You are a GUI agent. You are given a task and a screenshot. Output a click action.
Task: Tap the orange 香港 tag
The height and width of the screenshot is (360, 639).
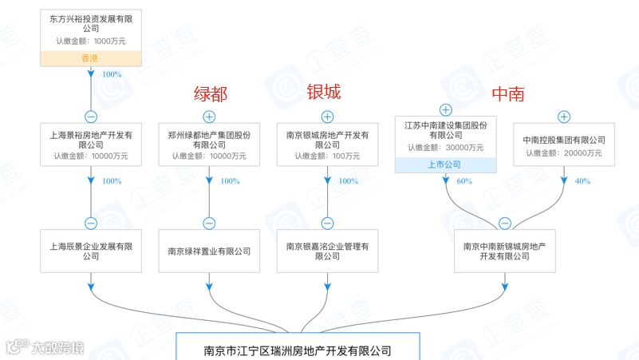[x=91, y=57]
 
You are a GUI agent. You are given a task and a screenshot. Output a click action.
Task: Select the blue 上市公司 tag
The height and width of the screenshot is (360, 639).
[x=445, y=164]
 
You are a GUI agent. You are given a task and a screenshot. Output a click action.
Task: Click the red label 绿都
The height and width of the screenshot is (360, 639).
[x=211, y=93]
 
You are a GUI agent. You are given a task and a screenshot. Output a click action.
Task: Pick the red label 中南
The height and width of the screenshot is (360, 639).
[x=507, y=93]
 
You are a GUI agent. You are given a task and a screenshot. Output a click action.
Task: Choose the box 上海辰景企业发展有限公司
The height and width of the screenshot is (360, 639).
[x=91, y=251]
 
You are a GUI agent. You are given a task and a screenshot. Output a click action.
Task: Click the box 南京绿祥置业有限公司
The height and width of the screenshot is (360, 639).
[x=209, y=251]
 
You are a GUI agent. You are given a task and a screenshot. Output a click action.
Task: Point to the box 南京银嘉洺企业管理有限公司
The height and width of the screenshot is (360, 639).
[x=327, y=251]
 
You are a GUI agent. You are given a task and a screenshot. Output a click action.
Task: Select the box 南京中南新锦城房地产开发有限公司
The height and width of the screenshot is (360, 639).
[x=504, y=251]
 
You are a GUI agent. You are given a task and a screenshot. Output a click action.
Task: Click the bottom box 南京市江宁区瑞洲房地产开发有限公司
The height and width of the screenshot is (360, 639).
[x=298, y=350]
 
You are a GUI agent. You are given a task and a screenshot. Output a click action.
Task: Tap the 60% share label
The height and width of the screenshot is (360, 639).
[x=464, y=181]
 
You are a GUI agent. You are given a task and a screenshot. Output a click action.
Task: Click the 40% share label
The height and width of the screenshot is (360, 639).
[x=582, y=181]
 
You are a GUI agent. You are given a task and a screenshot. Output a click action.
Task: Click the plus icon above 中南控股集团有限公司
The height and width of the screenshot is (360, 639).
[x=564, y=117]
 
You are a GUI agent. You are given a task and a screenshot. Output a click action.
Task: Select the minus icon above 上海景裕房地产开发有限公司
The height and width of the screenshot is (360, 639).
[x=91, y=117]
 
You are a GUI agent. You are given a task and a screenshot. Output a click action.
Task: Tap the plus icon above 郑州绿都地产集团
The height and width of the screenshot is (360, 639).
[x=209, y=117]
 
